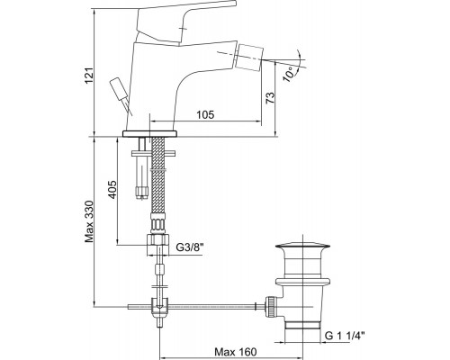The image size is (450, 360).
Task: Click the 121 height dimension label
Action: pos(89,76)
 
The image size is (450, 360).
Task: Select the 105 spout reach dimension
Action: pos(205,114)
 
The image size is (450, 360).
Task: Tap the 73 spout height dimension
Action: pos(270,97)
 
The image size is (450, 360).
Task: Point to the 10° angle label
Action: pos(289,74)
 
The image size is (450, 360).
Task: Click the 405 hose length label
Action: pos(112,189)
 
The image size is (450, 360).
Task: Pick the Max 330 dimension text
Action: pos(89,221)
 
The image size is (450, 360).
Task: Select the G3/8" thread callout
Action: pos(190,247)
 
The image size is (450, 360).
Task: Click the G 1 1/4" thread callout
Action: pos(345,336)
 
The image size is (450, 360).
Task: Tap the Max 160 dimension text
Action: pos(236,351)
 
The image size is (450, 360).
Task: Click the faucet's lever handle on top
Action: pos(186,23)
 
